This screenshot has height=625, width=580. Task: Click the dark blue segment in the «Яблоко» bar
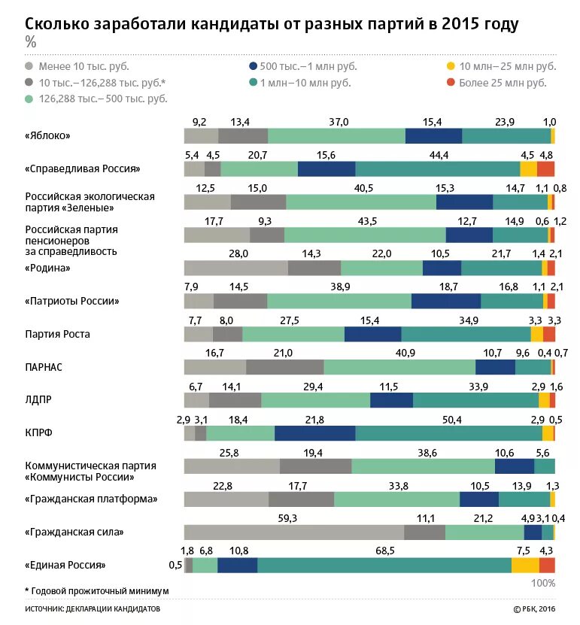pos(433,135)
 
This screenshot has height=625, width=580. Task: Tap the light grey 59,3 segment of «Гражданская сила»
pos(294,532)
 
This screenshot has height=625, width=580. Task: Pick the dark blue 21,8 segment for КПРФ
pos(314,433)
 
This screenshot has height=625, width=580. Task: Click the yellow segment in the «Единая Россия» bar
pos(525,566)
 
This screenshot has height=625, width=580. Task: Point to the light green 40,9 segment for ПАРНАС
pos(399,367)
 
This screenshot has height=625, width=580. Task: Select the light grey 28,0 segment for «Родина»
pos(235,268)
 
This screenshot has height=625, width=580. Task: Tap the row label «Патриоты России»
pos(72,301)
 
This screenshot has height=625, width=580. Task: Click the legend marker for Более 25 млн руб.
pos(451,82)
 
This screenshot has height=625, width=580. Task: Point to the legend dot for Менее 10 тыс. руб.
pos(29,65)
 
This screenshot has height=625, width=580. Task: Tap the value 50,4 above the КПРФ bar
pos(451,420)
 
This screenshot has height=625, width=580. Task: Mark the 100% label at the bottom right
pos(543,583)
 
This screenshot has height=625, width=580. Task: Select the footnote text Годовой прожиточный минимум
pos(99,591)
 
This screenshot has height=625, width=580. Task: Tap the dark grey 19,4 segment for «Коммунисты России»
pos(315,466)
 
